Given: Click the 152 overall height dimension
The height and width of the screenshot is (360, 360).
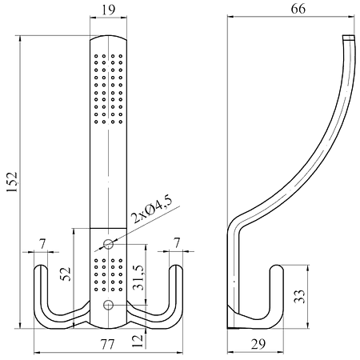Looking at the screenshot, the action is (12, 182).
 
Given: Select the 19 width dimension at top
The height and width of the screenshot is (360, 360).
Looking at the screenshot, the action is (109, 10).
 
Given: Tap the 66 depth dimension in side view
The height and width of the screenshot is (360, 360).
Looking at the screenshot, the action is (298, 9).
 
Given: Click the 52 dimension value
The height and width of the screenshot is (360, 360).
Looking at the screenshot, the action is (66, 274).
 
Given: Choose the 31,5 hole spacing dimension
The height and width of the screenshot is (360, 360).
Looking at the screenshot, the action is (139, 278).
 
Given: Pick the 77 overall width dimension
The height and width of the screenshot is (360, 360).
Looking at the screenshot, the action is (107, 344).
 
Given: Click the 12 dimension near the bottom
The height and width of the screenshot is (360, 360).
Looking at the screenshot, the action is (138, 341).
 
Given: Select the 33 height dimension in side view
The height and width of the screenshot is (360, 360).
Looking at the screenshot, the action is (299, 296).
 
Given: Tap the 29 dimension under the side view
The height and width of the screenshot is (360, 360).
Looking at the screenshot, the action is (258, 344).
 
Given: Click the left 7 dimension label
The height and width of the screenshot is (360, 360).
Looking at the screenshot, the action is (42, 244).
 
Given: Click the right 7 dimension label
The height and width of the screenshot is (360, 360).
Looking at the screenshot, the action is (177, 243).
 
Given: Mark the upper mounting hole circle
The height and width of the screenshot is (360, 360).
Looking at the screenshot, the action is (108, 244).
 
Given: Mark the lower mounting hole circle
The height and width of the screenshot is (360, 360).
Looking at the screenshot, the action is (108, 305).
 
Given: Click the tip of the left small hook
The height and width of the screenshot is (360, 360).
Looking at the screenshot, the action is (41, 266).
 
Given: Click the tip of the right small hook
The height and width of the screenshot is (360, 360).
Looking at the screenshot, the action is (176, 266).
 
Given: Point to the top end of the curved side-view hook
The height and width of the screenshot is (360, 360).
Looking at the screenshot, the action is (349, 37).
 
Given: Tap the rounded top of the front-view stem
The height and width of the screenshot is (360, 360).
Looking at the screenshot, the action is (108, 36).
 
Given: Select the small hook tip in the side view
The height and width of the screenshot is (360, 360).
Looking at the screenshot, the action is (277, 266).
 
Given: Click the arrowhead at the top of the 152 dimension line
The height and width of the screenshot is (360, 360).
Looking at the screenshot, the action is (20, 38).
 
